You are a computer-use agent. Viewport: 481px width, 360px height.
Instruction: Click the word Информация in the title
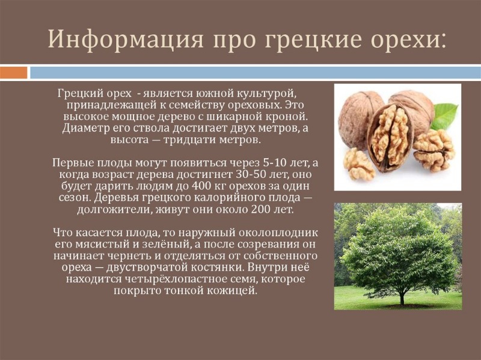pyautogui.click(x=126, y=39)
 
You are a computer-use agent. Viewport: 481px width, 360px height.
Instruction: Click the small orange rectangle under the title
pyautogui.click(x=13, y=73)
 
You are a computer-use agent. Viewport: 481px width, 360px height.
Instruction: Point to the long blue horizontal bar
pyautogui.click(x=255, y=73)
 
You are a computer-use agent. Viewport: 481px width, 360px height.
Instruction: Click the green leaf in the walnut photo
pyautogui.click(x=444, y=116)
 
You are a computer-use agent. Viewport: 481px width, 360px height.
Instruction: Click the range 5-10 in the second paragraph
pyautogui.click(x=271, y=162)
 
